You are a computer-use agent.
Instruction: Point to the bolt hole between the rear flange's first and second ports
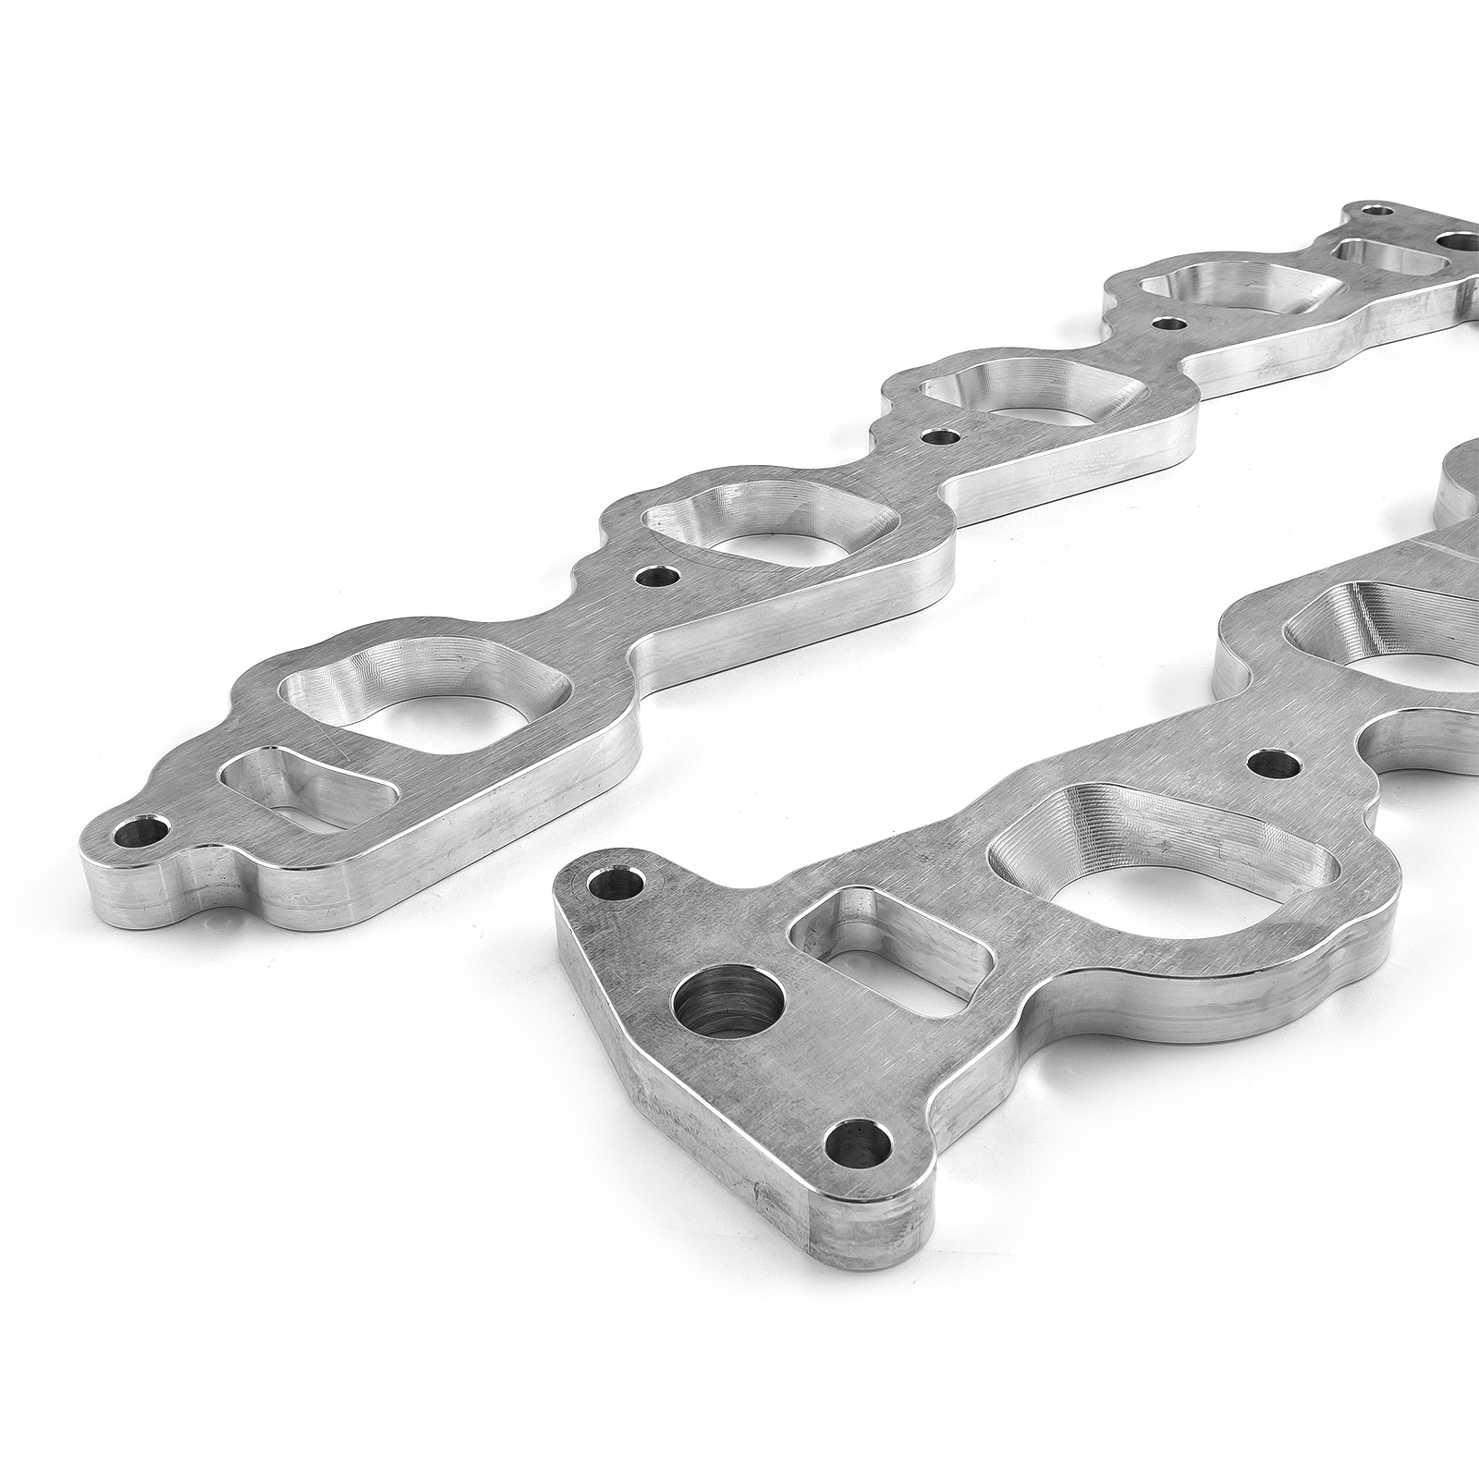657,575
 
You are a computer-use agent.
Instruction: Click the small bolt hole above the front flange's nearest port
1274,763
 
